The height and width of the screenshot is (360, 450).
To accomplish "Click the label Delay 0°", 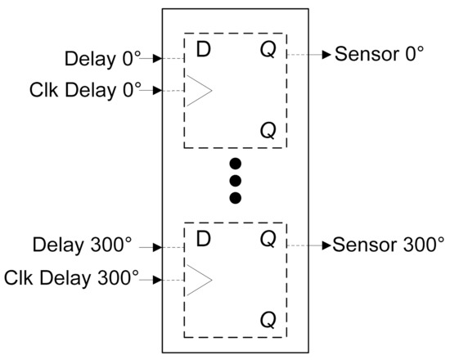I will pos(102,59).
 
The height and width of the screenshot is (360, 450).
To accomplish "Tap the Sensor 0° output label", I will pos(380,55).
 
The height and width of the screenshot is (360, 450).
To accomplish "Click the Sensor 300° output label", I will pos(389,244).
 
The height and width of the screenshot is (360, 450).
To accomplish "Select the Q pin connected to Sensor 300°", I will pos(268,241).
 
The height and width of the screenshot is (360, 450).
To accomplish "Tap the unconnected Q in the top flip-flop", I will pos(268,129).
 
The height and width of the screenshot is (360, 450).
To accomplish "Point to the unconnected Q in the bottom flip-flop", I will pos(268,317).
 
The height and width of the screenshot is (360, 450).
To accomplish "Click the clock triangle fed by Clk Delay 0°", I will pos(199,91).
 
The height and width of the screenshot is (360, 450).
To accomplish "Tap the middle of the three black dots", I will pos(235,179).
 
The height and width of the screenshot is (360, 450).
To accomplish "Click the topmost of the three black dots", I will pos(235,161).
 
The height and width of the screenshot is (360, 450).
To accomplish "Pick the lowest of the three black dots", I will pos(235,197).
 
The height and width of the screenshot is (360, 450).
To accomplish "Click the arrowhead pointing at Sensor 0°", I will pos(326,55).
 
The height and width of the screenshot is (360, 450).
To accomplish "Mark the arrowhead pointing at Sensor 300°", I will pos(326,244).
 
